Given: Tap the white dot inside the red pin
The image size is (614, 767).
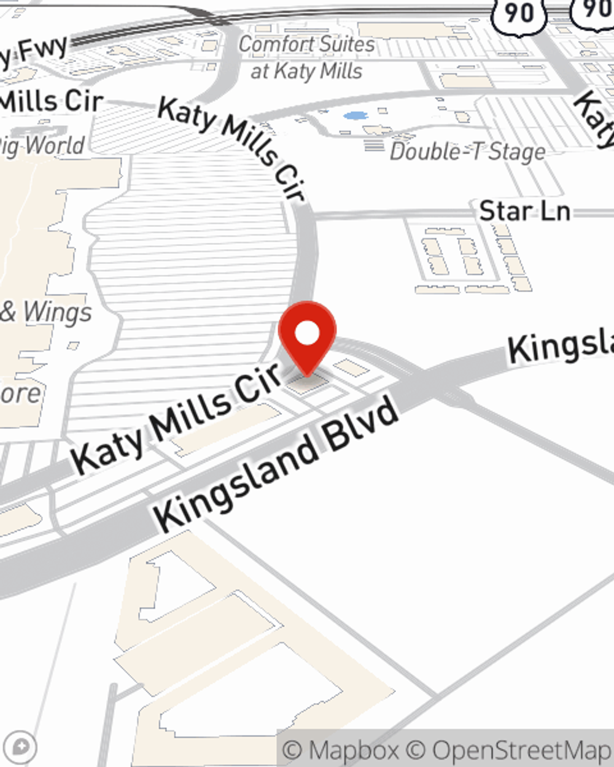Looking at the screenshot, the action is click(307, 334).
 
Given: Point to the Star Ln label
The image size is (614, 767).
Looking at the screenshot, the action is click(525, 211).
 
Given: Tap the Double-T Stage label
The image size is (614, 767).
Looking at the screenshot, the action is click(468, 152).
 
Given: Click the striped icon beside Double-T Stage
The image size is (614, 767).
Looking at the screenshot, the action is click(374, 145).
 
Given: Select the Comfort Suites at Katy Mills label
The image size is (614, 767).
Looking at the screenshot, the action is click(306, 58).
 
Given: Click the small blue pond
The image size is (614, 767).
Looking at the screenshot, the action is click(354, 115).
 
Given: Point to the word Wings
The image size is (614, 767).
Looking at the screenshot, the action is click(57, 313).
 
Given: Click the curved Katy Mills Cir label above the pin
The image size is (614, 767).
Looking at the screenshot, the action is click(233, 147).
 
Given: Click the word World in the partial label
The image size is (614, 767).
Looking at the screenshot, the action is click(55, 146).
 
